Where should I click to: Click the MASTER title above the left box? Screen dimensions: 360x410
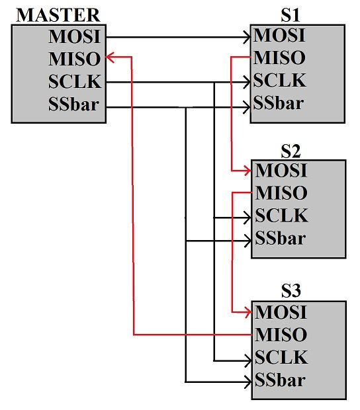pos(58,15)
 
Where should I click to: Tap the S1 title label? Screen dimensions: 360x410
pos(290,15)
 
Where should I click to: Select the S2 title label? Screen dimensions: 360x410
pos(291,151)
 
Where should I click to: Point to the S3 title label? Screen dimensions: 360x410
pos(291,290)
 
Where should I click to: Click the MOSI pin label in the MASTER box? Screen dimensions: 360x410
pos(75,36)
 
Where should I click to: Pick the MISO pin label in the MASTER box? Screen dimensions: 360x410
pos(75,59)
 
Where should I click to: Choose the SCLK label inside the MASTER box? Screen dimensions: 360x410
pos(75,81)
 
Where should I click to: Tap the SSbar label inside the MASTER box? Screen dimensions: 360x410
pos(73,104)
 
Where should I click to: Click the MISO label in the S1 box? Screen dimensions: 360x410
pos(279,58)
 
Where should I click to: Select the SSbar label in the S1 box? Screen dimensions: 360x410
pos(279,102)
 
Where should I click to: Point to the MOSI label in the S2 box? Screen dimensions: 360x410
pos(281,171)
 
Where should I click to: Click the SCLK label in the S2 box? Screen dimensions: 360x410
pos(281,216)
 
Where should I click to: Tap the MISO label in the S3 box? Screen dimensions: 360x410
pos(281,335)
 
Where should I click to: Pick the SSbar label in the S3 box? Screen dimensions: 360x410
pos(280,380)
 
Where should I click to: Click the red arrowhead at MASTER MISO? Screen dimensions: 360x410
pos(110,58)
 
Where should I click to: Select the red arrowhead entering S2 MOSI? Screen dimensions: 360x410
pos(247,171)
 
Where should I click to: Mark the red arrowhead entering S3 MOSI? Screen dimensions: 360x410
pos(247,312)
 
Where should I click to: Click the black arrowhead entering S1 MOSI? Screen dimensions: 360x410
pos(247,38)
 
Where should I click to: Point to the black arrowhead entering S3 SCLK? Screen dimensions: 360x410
pos(247,361)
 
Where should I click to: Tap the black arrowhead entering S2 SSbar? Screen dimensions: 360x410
pos(247,241)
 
